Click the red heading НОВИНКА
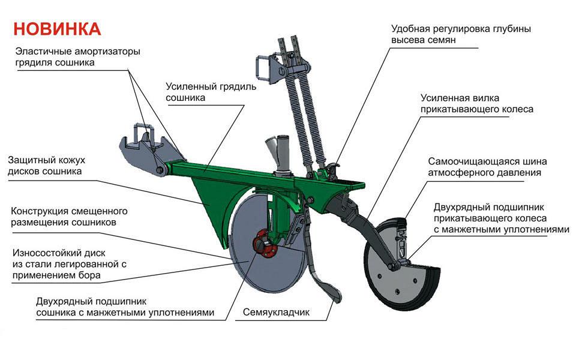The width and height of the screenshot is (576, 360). pyautogui.click(x=57, y=29)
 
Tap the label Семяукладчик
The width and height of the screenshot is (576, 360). pyautogui.click(x=276, y=312)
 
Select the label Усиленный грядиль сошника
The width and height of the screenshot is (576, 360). pyautogui.click(x=211, y=92)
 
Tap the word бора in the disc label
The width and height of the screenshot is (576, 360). pyautogui.click(x=89, y=275)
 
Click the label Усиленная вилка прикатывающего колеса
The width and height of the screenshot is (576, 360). pyautogui.click(x=477, y=104)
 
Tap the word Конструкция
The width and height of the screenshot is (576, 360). pyautogui.click(x=40, y=212)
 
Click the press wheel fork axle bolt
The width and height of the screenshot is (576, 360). pyautogui.click(x=392, y=265)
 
